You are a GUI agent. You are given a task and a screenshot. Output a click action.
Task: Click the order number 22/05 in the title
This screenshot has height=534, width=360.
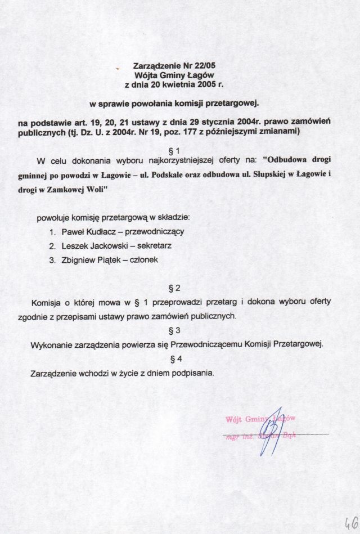tap(205, 65)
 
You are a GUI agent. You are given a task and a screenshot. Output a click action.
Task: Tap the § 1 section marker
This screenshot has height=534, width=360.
tap(174, 151)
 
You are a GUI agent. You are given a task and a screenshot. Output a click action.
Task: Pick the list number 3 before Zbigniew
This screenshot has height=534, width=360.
tap(51, 261)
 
